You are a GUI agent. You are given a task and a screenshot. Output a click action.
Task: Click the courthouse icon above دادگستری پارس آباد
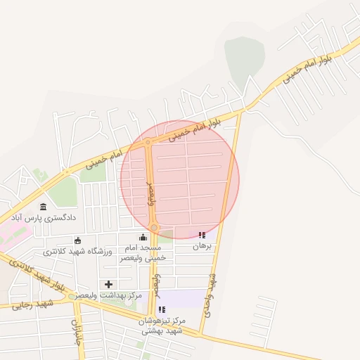tap(44, 207)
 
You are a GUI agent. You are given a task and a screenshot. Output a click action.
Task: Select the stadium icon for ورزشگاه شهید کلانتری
tap(77, 241)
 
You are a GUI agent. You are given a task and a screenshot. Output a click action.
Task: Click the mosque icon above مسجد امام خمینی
tap(143, 237)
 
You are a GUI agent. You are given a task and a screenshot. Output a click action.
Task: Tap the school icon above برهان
tap(202, 236)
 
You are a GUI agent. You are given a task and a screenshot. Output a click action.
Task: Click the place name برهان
tap(202, 247)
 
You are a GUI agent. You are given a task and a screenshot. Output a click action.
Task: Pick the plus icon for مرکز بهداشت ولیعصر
tap(108, 284)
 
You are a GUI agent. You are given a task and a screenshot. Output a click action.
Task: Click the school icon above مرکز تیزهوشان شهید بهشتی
tap(162, 309)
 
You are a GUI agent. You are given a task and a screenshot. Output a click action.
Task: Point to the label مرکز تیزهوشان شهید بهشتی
tap(162, 326)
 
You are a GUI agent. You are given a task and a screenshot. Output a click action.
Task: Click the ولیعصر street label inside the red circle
tap(150, 192)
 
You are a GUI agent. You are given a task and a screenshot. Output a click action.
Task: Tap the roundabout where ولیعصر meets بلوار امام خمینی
tap(148, 143)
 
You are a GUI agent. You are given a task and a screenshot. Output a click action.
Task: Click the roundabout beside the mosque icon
tap(154, 228)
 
